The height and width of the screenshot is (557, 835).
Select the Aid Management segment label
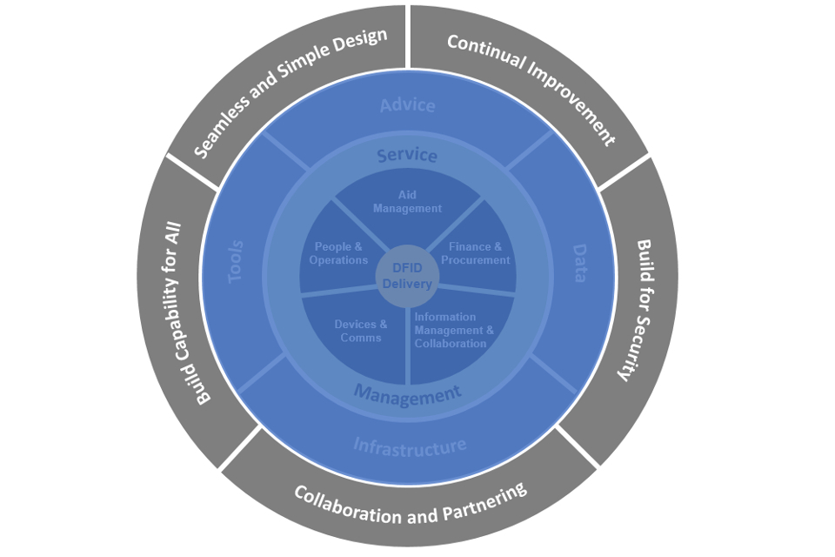[407, 202]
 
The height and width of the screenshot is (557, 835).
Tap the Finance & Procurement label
[475, 253]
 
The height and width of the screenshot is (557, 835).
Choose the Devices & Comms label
[361, 331]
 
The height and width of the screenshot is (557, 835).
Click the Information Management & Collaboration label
[453, 330]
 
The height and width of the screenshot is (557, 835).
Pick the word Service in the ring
[407, 156]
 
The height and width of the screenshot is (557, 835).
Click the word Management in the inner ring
[407, 395]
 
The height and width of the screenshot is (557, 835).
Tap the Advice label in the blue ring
[407, 105]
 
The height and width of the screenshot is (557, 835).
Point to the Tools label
[236, 262]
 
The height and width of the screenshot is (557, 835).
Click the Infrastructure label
[410, 446]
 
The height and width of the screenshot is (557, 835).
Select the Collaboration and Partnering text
[411, 504]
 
